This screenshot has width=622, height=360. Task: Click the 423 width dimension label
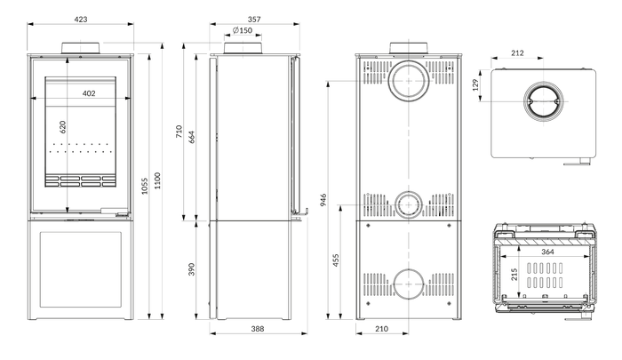click(81, 19)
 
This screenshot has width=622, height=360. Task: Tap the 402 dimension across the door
click(89, 93)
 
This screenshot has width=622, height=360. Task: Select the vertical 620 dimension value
click(63, 127)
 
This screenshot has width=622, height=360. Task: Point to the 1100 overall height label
click(157, 180)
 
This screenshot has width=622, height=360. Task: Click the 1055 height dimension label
click(145, 186)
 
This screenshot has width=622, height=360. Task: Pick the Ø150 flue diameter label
click(243, 30)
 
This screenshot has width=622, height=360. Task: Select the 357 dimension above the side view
click(254, 19)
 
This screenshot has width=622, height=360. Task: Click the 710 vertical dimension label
click(179, 132)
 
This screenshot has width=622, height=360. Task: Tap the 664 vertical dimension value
click(192, 137)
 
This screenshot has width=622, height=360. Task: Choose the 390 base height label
click(192, 269)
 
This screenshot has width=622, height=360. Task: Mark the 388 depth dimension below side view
click(258, 329)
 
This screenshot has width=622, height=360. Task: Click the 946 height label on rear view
click(323, 200)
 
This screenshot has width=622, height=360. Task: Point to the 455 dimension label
click(336, 260)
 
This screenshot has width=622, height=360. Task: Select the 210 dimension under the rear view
click(381, 329)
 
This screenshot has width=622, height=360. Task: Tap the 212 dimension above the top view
click(517, 52)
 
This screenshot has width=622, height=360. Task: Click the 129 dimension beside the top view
click(475, 85)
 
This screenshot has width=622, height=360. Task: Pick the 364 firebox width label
click(547, 252)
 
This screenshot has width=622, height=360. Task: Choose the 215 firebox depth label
click(514, 275)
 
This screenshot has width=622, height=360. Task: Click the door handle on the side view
click(300, 213)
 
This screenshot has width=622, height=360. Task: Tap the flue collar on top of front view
click(82, 47)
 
